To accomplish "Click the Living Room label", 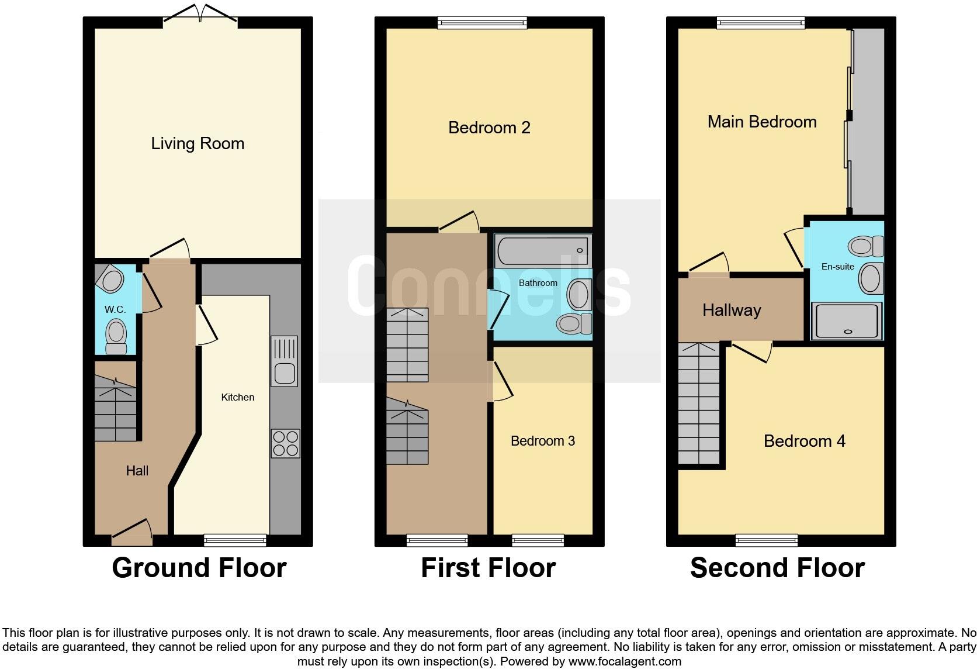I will (198, 143).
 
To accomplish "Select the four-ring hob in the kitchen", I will (285, 443).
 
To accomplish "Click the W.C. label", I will (115, 309).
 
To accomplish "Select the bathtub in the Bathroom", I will (543, 250).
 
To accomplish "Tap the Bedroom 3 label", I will (543, 441).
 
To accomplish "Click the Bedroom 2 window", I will (482, 23).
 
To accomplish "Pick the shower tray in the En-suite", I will (847, 320).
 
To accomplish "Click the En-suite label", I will (837, 267).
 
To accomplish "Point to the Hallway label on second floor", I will (732, 310).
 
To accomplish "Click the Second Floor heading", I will (777, 568).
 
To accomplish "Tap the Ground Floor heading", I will (199, 568).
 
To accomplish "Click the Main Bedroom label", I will (762, 122).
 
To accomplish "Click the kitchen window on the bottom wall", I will (235, 540).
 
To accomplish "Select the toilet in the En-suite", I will (866, 246).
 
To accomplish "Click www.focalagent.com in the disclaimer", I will (624, 661).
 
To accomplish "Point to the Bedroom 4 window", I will (767, 540).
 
